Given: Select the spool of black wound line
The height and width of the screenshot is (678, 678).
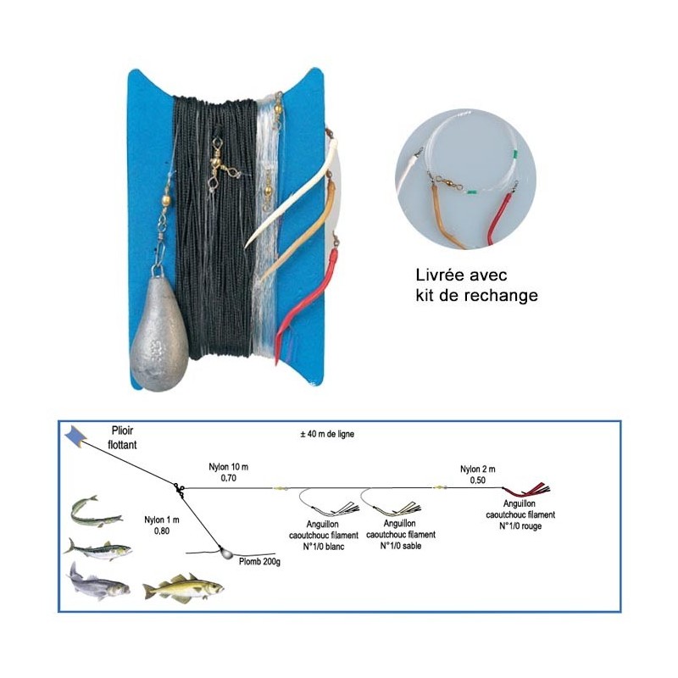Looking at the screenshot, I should point(212,229).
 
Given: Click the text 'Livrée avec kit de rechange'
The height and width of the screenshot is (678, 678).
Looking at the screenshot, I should point(477,286).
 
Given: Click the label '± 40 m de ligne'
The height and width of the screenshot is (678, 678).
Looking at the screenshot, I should point(326,434).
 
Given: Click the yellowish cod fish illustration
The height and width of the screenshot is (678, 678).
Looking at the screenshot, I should point(182,586).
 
